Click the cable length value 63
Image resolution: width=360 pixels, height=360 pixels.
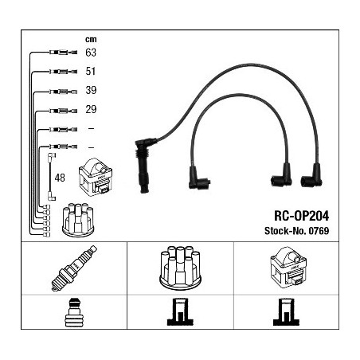coord(91,53)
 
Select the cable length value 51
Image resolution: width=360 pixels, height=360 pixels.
coord(91,71)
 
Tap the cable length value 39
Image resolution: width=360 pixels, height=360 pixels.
coord(91,90)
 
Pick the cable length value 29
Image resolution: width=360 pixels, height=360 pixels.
coord(91,109)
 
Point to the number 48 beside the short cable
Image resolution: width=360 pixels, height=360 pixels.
coord(60,178)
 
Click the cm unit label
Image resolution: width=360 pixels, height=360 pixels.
coord(91,39)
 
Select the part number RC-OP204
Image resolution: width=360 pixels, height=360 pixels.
coord(301,216)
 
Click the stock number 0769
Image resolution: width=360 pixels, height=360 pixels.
coord(319,231)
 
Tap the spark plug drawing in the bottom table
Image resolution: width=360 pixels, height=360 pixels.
coord(74,268)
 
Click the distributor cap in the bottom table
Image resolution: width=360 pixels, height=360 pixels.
coord(180,268)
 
